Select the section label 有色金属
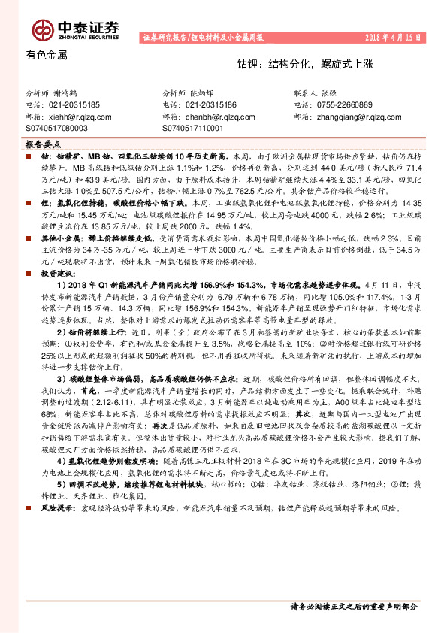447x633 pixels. [x=47, y=55]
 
